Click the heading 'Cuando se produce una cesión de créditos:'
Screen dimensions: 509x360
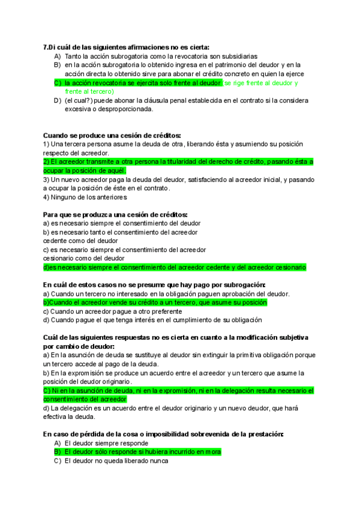pos(112,136)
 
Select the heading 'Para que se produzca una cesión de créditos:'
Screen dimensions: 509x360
pos(116,214)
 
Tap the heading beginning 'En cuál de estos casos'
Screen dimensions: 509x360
pos(154,285)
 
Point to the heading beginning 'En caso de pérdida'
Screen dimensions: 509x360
pos(163,433)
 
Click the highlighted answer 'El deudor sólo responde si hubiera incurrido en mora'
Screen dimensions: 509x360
pos(143,451)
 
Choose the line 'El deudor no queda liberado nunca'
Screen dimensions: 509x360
pos(116,461)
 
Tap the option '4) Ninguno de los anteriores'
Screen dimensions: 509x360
pos(85,197)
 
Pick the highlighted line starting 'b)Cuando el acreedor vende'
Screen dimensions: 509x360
pos(155,303)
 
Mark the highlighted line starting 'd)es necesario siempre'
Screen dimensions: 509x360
pos(175,267)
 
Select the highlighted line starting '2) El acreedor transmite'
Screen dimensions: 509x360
pos(178,162)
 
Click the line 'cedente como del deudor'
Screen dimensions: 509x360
pos(80,241)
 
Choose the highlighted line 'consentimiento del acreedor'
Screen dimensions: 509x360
pos(85,399)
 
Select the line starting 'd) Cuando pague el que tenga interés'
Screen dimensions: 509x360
pos(153,320)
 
